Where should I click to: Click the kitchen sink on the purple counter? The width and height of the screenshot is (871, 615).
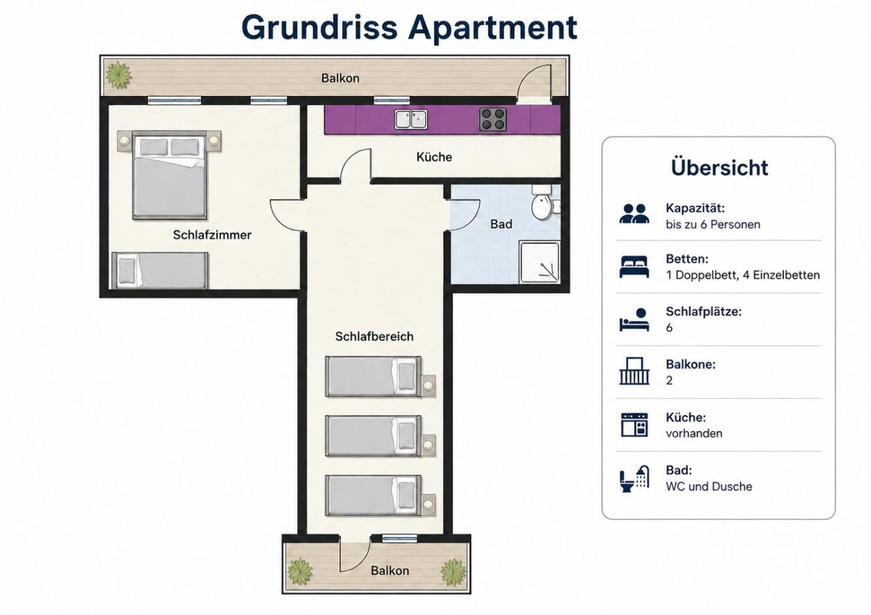(411, 119)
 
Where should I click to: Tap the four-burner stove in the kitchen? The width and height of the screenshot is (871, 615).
(493, 119)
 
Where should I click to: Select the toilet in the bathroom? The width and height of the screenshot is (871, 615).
(541, 203)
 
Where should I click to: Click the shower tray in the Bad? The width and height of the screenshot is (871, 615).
(539, 262)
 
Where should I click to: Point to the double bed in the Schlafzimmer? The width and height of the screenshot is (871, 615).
(169, 175)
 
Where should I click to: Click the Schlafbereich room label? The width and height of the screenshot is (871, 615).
(374, 336)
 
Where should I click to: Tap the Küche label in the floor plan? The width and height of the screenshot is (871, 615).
(434, 157)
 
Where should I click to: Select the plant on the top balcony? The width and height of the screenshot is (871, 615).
(119, 75)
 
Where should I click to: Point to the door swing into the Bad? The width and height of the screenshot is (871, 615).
(465, 216)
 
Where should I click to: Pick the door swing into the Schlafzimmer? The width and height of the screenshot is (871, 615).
(287, 216)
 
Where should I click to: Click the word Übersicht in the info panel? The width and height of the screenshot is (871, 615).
(719, 167)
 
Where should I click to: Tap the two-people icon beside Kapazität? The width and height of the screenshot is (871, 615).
(634, 213)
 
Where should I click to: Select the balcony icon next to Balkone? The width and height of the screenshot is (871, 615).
(634, 371)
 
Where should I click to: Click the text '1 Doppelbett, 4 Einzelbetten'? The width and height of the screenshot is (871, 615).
(743, 275)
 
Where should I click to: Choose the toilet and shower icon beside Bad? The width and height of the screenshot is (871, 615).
(634, 479)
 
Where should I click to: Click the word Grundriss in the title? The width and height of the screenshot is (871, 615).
(320, 27)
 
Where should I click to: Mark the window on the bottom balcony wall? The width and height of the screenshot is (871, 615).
(399, 538)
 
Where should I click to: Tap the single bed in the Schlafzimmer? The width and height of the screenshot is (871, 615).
(160, 271)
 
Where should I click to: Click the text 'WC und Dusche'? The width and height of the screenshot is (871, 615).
(709, 486)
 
